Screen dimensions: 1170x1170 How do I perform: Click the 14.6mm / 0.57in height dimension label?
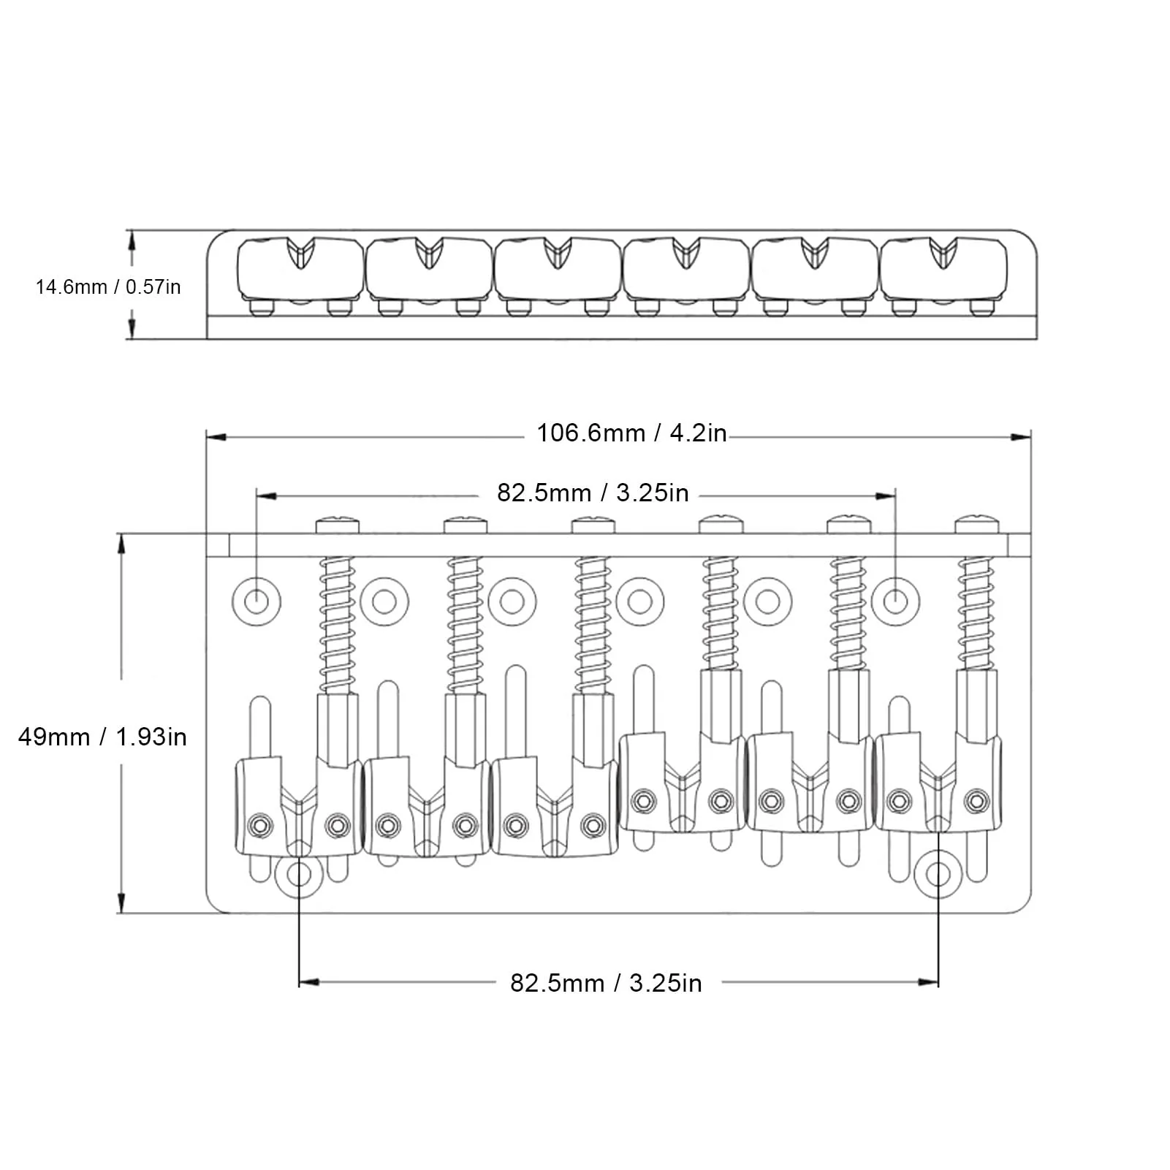[108, 286]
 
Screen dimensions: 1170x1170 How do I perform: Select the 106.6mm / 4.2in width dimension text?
[632, 433]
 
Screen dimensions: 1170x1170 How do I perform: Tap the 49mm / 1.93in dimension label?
[102, 737]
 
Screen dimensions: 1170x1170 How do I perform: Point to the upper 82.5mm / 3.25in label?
[593, 493]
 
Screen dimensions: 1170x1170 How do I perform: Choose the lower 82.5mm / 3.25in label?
[606, 983]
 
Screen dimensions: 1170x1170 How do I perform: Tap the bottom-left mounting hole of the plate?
[299, 875]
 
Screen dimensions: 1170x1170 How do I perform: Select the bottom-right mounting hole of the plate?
[938, 875]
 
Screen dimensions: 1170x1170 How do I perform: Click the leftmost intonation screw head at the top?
[338, 525]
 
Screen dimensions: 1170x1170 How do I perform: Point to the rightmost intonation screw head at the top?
[978, 525]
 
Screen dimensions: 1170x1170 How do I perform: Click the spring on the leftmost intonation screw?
[337, 625]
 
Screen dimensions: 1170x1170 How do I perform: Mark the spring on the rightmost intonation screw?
[977, 614]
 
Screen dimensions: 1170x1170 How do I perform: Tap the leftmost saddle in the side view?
[300, 270]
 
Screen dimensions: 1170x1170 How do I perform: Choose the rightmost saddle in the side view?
[943, 270]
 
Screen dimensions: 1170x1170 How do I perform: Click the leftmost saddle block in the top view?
[298, 807]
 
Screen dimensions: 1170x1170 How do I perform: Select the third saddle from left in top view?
[555, 807]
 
